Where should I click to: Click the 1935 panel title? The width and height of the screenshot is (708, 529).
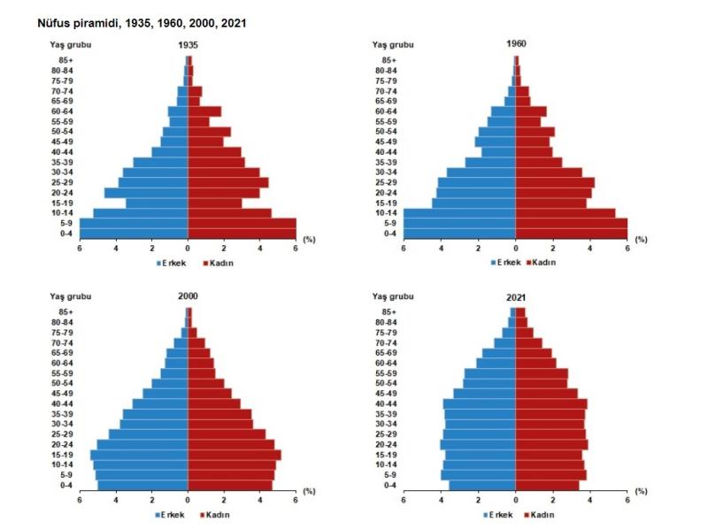[x=188, y=44]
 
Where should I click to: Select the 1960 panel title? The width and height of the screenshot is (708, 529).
[x=516, y=43]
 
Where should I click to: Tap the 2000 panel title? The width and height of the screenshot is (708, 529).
[x=188, y=295]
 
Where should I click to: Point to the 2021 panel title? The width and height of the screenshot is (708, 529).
[x=516, y=295]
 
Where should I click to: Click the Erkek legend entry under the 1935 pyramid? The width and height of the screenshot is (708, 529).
[x=173, y=263]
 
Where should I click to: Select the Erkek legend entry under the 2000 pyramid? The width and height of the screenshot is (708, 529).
[x=173, y=514]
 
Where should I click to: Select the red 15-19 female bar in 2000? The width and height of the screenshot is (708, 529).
[x=235, y=455]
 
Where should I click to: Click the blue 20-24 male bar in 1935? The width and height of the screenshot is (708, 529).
[x=146, y=193]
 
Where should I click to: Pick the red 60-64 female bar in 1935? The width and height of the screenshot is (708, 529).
[x=204, y=111]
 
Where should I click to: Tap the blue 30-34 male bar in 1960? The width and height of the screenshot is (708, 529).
[x=481, y=172]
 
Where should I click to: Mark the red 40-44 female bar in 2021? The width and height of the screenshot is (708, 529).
[x=551, y=403]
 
